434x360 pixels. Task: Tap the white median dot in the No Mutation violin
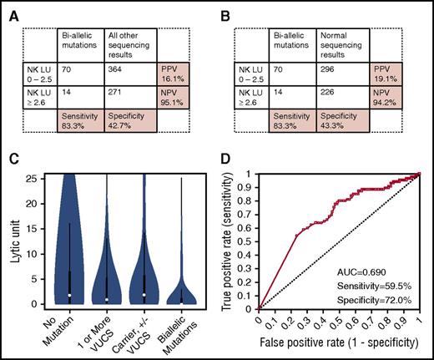[70, 296]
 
